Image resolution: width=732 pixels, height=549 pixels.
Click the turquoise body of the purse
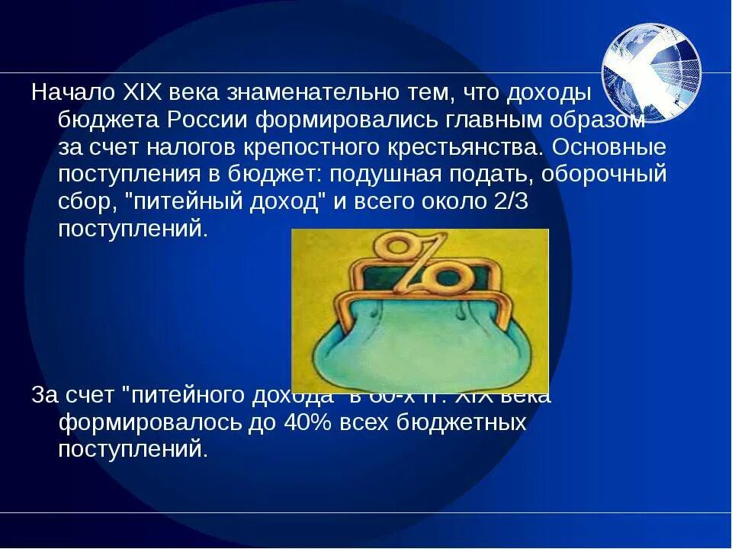[x=419, y=343]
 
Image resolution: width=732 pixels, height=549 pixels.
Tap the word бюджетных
[x=458, y=422]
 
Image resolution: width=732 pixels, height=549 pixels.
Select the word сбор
[x=80, y=202]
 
